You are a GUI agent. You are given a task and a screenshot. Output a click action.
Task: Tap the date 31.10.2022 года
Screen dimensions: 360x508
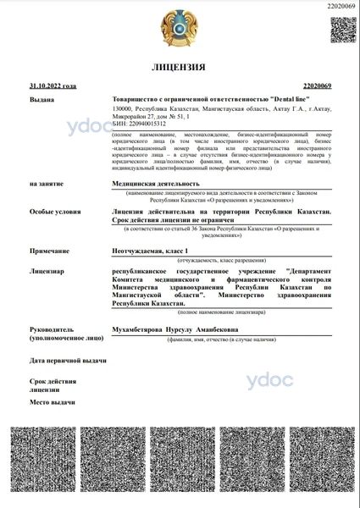53,86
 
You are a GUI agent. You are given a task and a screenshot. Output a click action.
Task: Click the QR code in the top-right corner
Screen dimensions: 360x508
341,30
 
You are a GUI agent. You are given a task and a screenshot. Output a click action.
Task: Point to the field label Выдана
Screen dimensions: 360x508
42,100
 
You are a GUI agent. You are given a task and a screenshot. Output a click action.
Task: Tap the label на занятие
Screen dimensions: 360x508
47,183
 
